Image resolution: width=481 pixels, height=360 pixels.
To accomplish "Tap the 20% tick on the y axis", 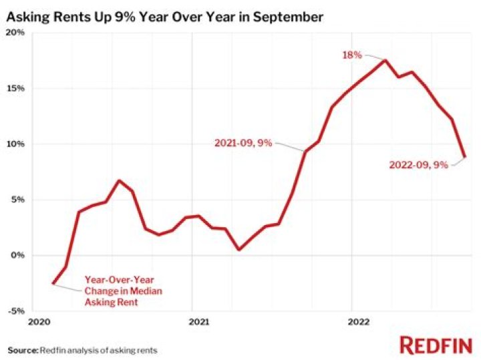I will click(15, 33).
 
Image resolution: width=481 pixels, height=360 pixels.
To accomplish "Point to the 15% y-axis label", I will click(15, 88).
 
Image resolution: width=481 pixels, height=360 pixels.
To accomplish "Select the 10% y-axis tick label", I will click(15, 144).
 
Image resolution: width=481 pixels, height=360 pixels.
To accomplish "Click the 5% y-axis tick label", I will click(17, 199).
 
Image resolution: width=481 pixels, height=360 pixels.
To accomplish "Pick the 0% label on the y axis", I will click(17, 254).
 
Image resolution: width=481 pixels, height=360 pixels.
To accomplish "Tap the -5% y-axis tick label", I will click(17, 310).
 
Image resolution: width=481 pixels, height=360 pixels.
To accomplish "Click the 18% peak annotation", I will click(352, 55).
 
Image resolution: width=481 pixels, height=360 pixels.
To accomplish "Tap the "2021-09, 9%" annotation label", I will click(243, 143).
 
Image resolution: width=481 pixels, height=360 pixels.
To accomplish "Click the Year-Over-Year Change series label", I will click(122, 291).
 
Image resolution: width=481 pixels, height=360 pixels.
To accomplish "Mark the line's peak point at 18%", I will click(385, 61).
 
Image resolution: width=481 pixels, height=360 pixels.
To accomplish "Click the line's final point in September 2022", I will click(464, 157).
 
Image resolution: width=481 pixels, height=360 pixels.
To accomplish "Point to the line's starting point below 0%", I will click(53, 283).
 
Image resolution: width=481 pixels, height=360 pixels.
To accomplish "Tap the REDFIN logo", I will click(435, 345).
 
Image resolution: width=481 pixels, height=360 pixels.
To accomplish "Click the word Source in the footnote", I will click(23, 349).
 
